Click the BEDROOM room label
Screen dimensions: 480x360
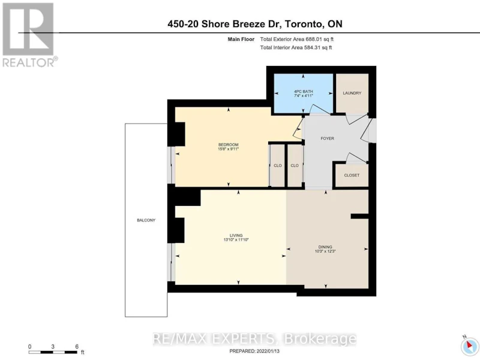click(x=228, y=145)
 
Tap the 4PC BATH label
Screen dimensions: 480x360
click(x=304, y=92)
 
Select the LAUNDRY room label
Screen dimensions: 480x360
click(x=352, y=93)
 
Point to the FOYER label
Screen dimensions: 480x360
click(x=327, y=139)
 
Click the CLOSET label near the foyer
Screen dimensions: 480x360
click(x=352, y=175)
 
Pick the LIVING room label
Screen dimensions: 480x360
click(x=236, y=235)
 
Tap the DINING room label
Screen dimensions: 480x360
click(x=325, y=247)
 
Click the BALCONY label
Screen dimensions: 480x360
click(x=146, y=220)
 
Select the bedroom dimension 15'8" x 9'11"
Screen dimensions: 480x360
click(x=228, y=149)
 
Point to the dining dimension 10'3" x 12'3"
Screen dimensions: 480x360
click(x=325, y=251)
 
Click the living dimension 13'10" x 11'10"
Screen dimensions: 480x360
click(x=236, y=240)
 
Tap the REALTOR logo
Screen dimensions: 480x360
click(x=28, y=35)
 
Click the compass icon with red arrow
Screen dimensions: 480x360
click(x=469, y=346)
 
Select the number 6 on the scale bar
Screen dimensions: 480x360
click(x=77, y=347)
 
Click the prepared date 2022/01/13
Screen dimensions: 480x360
click(x=267, y=352)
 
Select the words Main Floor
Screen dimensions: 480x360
click(x=241, y=39)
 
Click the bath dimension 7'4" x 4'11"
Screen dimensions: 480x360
click(x=304, y=96)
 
